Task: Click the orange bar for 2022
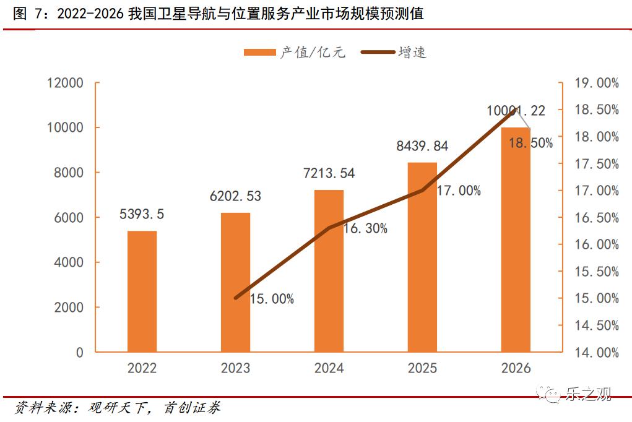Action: coord(142,291)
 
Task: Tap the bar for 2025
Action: coord(422,257)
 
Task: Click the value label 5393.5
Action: coord(142,215)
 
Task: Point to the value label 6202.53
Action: coord(235,197)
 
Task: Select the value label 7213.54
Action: coord(329,173)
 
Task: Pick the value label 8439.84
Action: coord(422,147)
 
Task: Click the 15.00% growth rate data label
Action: coord(272,299)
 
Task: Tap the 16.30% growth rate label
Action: coord(365,229)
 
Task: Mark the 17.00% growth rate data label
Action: coord(459,191)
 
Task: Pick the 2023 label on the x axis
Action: coord(235,368)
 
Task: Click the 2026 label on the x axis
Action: coord(516,368)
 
